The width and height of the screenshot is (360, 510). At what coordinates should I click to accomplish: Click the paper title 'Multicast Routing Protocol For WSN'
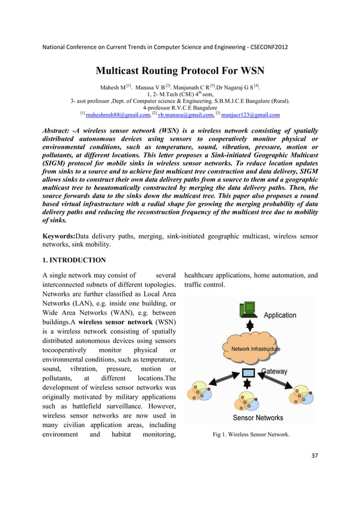179,71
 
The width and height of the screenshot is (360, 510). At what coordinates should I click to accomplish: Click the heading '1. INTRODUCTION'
74,260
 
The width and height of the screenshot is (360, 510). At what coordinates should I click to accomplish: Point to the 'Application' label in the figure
279,315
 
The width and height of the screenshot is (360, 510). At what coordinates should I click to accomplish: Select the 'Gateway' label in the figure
274,372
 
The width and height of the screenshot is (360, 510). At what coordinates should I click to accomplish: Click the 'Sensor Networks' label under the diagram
258,418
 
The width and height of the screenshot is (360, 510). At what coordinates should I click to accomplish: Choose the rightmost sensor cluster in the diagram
301,394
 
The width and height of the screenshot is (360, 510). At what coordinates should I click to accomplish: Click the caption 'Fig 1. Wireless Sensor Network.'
251,435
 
